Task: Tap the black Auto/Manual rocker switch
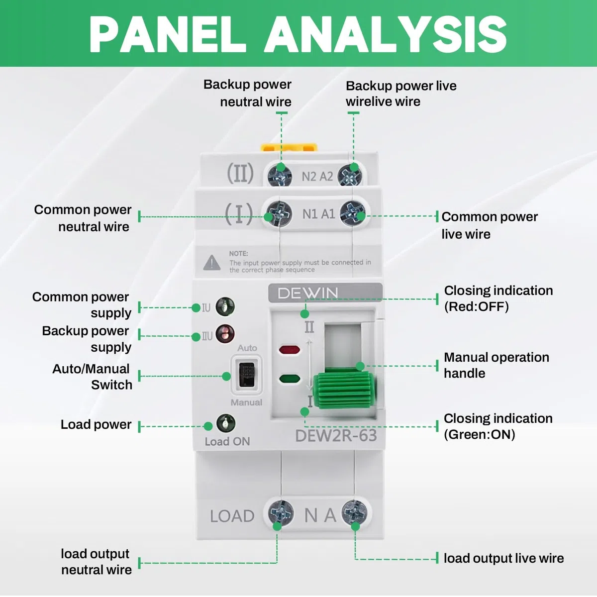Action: click(247, 375)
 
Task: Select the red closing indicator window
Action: click(290, 350)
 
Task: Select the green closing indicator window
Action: click(290, 379)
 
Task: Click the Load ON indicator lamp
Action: click(226, 423)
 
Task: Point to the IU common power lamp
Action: click(225, 307)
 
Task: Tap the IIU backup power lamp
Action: click(225, 334)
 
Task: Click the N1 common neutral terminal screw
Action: click(279, 213)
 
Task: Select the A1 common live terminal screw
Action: click(352, 213)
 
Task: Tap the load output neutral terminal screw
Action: click(281, 513)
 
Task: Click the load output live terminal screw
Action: click(355, 513)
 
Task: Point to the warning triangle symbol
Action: click(212, 263)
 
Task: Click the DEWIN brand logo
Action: click(307, 293)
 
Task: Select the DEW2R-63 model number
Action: click(336, 435)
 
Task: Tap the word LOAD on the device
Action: click(232, 516)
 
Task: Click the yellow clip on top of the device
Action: click(289, 147)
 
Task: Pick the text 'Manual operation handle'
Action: click(497, 365)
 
